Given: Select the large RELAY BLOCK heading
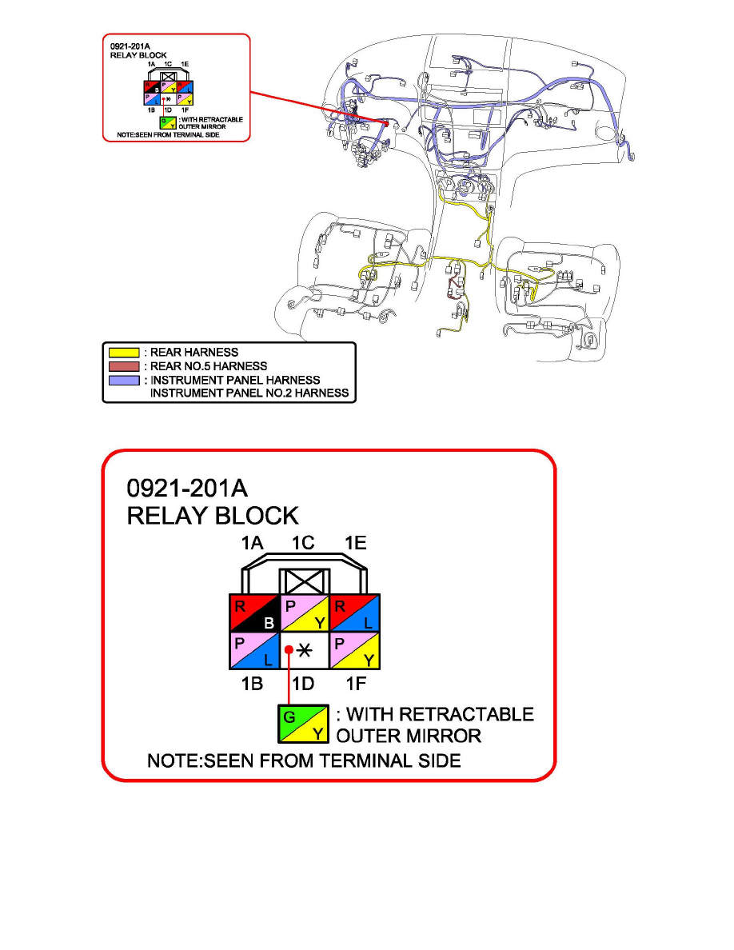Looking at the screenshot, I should [213, 516].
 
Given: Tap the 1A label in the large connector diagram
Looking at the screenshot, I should [253, 544].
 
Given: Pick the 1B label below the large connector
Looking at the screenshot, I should [253, 685].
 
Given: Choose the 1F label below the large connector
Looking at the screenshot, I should [354, 685].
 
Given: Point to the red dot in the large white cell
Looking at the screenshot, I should [288, 650].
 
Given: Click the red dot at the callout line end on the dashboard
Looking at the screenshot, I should [386, 124].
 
